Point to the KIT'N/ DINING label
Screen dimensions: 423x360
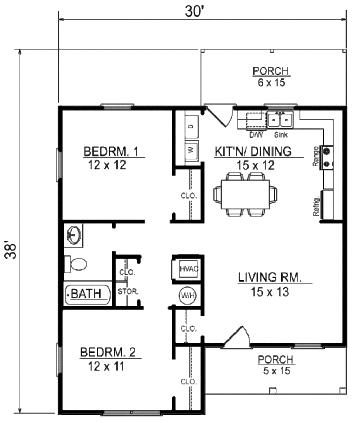pyautogui.click(x=253, y=151)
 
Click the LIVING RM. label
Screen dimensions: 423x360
pyautogui.click(x=270, y=277)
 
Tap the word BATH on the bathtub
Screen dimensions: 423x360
pyautogui.click(x=86, y=293)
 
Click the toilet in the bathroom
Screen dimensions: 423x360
pyautogui.click(x=76, y=264)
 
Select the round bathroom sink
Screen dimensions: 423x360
pyautogui.click(x=74, y=235)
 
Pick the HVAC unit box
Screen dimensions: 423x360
pyautogui.click(x=189, y=269)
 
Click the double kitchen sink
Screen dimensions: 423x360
pyautogui.click(x=280, y=120)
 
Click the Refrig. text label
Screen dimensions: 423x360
pyautogui.click(x=316, y=208)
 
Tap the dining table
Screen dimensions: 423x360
pyautogui.click(x=245, y=194)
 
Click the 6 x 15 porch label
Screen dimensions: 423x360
pyautogui.click(x=270, y=83)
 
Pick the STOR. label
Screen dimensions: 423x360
pyautogui.click(x=128, y=291)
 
